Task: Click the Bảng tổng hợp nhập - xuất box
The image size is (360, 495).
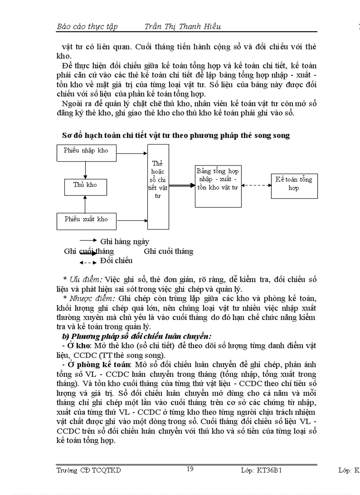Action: [x=218, y=186]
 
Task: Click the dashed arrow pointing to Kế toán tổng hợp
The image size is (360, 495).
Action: [x=256, y=185]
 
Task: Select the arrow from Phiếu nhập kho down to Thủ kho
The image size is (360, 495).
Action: [x=86, y=170]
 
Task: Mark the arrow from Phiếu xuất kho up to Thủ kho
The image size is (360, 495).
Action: [x=86, y=204]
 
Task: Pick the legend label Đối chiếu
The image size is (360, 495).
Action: [x=116, y=261]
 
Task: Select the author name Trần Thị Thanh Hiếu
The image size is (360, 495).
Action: [x=183, y=26]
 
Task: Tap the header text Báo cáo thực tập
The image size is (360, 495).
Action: [x=87, y=26]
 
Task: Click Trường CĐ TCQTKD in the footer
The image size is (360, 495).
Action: [x=89, y=470]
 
